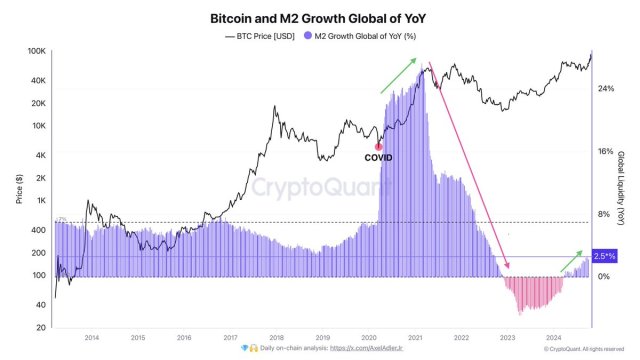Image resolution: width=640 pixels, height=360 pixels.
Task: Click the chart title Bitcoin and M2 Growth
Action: pos(320,18)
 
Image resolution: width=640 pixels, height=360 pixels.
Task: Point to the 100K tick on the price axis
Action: pos(36,51)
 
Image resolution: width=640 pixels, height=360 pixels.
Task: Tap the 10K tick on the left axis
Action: pos(38,126)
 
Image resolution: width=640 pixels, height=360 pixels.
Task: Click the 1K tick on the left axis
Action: pos(41,201)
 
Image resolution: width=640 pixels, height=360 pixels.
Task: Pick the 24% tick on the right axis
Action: pos(605,89)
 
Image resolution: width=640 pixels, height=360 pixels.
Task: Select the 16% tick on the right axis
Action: pos(605,151)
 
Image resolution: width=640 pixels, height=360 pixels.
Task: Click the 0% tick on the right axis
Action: pos(603,276)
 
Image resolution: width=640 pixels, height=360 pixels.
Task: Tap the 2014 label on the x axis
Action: pos(91,338)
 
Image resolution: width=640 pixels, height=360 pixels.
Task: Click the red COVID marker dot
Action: pos(378,146)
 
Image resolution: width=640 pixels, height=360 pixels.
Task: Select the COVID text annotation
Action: pos(378,158)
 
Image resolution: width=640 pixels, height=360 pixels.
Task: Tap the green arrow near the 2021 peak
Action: pos(400,76)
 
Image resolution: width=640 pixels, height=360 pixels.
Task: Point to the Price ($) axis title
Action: pos(19,189)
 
